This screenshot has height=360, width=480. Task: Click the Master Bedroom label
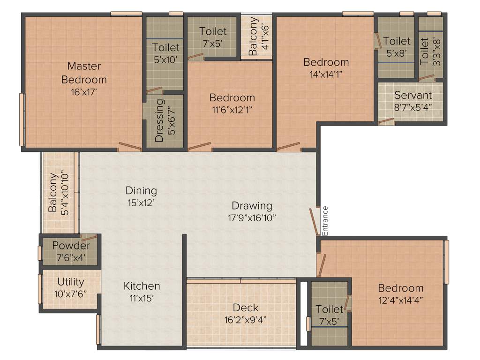pyautogui.click(x=84, y=73)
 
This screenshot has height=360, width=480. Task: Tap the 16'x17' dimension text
pyautogui.click(x=84, y=92)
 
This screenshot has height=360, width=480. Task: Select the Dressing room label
pyautogui.click(x=159, y=120)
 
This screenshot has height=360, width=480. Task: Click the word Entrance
pyautogui.click(x=325, y=220)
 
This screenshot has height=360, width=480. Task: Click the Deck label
pyautogui.click(x=246, y=307)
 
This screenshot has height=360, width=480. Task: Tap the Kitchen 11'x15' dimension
pyautogui.click(x=142, y=298)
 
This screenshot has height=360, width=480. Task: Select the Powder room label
pyautogui.click(x=71, y=246)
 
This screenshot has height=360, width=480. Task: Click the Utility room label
pyautogui.click(x=71, y=282)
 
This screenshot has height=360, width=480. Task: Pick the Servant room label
pyautogui.click(x=412, y=95)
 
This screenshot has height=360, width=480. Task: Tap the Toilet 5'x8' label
pyautogui.click(x=397, y=41)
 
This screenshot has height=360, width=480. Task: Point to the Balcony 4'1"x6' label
pyautogui.click(x=253, y=37)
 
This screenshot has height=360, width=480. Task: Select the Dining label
pyautogui.click(x=141, y=190)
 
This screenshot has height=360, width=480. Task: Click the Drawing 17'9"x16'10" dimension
pyautogui.click(x=252, y=217)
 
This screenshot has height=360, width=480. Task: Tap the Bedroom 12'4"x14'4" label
pyautogui.click(x=400, y=288)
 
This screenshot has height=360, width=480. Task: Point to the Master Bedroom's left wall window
pyautogui.click(x=21, y=120)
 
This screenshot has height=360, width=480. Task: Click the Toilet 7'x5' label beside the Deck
pyautogui.click(x=329, y=309)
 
